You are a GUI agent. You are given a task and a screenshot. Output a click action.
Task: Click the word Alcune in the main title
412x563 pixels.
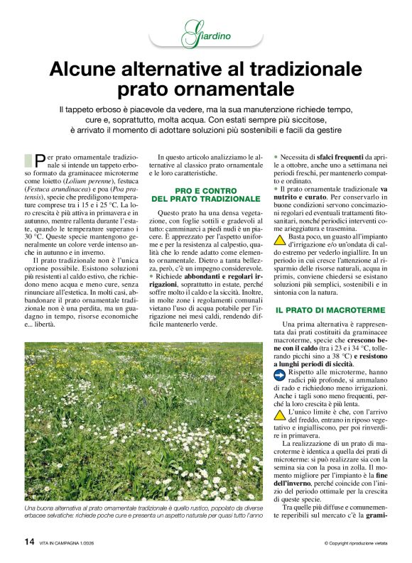tap(86, 70)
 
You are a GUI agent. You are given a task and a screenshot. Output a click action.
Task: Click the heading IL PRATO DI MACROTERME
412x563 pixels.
tap(330, 310)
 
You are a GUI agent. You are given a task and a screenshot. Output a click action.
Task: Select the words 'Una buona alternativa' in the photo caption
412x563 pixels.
tap(53, 509)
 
